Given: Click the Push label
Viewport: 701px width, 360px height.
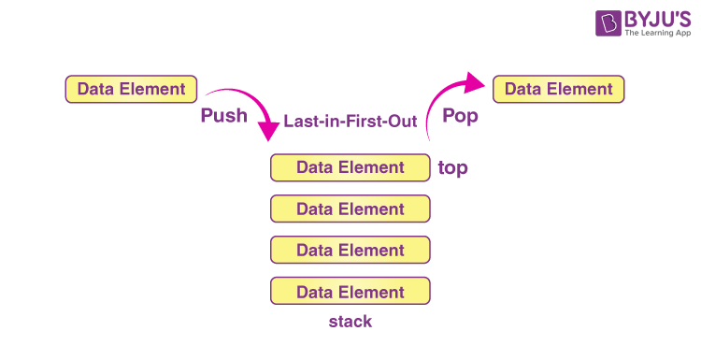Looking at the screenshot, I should tap(223, 117).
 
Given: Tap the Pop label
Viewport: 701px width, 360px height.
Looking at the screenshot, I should tap(461, 117).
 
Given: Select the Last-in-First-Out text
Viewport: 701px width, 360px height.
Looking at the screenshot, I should tap(350, 121).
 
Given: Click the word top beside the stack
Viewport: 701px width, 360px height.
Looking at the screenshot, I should tap(452, 168).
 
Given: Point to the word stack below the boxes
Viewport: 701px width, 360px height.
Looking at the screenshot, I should tap(350, 322).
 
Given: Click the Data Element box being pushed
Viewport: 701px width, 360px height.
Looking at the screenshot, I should tap(131, 90).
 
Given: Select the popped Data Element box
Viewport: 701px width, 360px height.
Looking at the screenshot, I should tap(558, 90).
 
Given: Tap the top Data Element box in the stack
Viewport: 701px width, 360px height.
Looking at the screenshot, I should tap(350, 168).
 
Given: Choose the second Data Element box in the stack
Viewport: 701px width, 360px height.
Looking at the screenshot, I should tap(350, 209).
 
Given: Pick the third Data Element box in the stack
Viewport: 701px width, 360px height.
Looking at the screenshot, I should tap(350, 251).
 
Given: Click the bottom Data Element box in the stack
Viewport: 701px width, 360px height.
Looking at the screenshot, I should tap(350, 292).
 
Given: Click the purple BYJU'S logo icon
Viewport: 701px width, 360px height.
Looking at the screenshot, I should tap(583, 25).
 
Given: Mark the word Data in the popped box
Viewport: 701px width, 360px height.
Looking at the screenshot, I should tap(522, 90).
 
